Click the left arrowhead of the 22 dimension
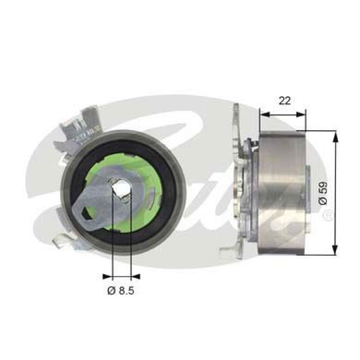(x=263, y=112)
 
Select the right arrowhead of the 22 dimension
(x=302, y=112)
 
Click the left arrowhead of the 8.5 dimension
(x=107, y=277)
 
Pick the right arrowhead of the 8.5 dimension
(x=136, y=277)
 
